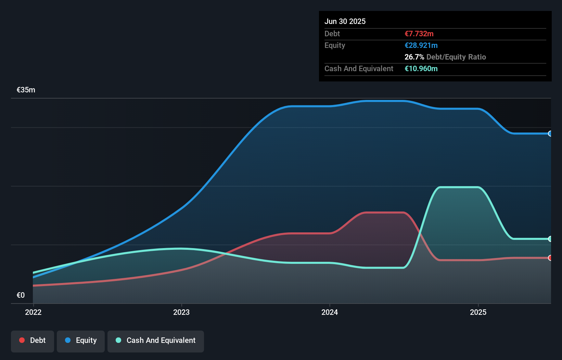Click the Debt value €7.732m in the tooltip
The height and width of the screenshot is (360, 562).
point(419,34)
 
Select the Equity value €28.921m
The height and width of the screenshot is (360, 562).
point(421,45)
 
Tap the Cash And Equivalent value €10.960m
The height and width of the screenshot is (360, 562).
point(421,68)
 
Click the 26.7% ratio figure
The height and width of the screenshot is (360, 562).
point(414,57)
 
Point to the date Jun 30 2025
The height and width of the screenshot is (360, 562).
point(345,21)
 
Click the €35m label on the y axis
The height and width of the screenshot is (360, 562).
point(26,90)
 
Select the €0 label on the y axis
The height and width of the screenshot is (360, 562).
point(21,295)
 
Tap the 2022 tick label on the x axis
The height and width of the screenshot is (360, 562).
point(33,312)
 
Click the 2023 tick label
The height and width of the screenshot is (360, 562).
point(181,312)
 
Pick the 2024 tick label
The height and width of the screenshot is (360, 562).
point(330,312)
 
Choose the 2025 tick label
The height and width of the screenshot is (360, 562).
point(478,312)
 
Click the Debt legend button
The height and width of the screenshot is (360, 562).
point(33,340)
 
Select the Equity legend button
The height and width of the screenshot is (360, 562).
point(81,340)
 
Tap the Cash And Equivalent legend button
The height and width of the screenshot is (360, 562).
point(156,340)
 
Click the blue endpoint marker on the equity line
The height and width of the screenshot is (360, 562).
point(550,133)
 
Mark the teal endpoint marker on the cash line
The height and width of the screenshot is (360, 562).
point(550,239)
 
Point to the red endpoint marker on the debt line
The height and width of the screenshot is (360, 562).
point(550,258)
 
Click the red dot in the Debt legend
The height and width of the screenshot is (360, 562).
point(22,340)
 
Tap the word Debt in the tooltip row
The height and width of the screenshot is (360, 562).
point(332,34)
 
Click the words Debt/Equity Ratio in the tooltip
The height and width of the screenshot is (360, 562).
point(456,57)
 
